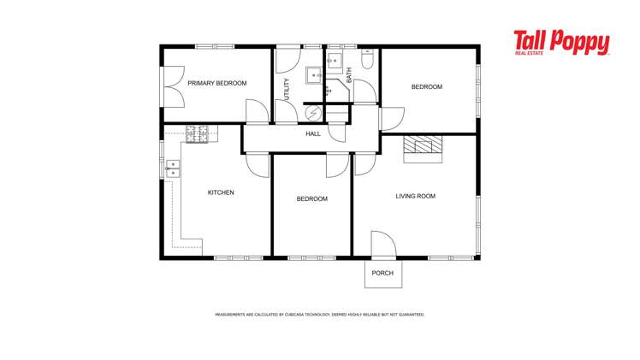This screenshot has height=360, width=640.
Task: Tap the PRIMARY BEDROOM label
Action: pyautogui.click(x=217, y=84)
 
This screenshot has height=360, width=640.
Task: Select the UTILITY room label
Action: pyautogui.click(x=287, y=90)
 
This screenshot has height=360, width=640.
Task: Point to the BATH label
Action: pyautogui.click(x=349, y=74)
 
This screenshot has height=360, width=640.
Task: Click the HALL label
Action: pyautogui.click(x=313, y=134)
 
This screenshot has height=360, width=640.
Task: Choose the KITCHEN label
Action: pyautogui.click(x=221, y=193)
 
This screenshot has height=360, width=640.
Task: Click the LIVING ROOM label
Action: pyautogui.click(x=415, y=197)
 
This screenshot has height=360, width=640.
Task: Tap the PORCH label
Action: pyautogui.click(x=382, y=274)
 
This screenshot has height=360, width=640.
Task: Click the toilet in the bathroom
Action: pyautogui.click(x=367, y=60)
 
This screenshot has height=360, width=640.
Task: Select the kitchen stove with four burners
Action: pyautogui.click(x=198, y=133)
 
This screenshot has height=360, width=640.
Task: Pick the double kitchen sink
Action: pyautogui.click(x=173, y=168)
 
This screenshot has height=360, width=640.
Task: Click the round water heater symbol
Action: pyautogui.click(x=314, y=113)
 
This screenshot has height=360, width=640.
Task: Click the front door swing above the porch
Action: pyautogui.click(x=382, y=245)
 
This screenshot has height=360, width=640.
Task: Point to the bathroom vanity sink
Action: pyautogui.click(x=335, y=61)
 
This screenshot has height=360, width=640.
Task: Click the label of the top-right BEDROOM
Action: pyautogui.click(x=426, y=87)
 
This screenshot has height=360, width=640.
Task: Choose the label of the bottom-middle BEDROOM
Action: pyautogui.click(x=311, y=199)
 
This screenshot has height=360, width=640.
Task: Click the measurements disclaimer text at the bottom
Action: pyautogui.click(x=319, y=315)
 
